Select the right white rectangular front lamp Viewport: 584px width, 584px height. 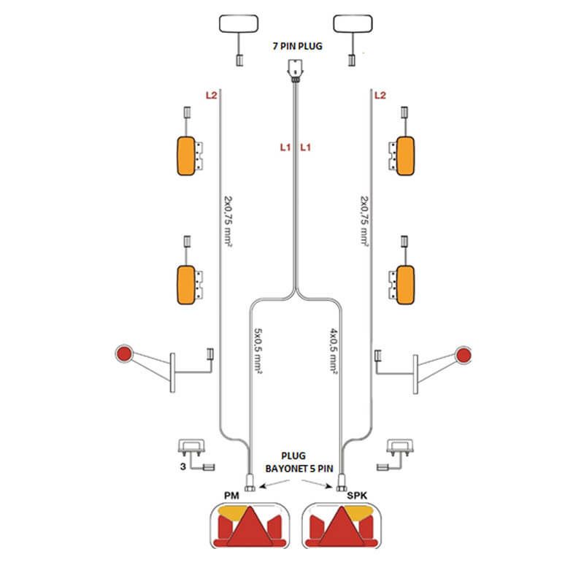(x=353, y=25)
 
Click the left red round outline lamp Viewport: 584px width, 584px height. (x=123, y=355)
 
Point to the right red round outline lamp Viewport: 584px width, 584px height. (x=464, y=355)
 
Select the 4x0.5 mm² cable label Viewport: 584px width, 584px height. (x=333, y=350)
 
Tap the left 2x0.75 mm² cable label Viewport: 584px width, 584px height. (x=227, y=219)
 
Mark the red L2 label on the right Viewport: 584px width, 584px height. (x=380, y=95)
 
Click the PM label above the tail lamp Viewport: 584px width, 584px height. (x=232, y=496)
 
